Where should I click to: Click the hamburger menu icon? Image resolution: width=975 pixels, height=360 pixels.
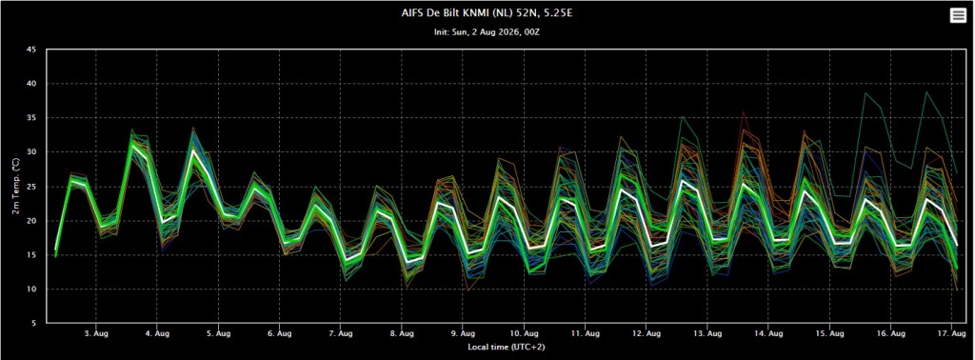(x=958, y=17)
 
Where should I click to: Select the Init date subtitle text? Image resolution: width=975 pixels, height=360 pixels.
(x=487, y=31)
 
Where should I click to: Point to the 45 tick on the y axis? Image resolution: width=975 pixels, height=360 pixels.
(x=31, y=50)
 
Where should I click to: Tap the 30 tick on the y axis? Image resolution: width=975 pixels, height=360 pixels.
(x=31, y=152)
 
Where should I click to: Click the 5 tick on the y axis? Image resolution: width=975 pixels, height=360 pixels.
(x=33, y=323)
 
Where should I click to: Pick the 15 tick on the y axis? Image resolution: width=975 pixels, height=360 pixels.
(x=31, y=255)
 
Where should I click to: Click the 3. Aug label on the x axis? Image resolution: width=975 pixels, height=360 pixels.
(x=96, y=334)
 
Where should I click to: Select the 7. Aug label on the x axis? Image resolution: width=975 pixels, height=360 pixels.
(x=340, y=334)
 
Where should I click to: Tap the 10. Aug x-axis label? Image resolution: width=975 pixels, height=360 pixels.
(x=524, y=334)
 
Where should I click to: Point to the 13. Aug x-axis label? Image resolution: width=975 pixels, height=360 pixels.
(x=707, y=334)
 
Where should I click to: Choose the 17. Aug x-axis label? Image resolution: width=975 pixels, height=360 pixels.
(x=951, y=334)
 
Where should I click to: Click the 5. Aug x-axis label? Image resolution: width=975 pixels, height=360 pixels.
(x=218, y=334)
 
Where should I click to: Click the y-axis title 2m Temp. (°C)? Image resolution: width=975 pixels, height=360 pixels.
(x=15, y=187)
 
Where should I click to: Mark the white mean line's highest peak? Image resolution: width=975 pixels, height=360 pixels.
(x=131, y=146)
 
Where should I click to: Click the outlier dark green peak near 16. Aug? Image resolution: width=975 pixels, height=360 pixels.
(x=865, y=93)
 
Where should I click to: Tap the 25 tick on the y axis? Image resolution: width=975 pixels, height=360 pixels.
(x=31, y=187)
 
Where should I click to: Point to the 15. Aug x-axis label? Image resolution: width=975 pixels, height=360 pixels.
(x=829, y=334)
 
